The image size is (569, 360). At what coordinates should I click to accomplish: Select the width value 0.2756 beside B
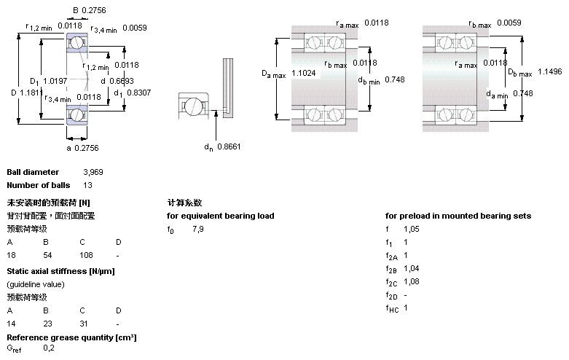[94, 9]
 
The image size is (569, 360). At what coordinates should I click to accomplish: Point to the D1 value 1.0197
[55, 80]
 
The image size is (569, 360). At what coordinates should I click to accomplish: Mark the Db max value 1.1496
[550, 71]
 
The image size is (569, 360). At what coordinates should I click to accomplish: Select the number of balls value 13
[87, 185]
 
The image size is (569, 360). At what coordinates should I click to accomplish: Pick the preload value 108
[87, 256]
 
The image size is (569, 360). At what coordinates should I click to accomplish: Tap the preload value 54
[47, 256]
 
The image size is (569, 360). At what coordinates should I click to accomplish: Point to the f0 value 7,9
[198, 230]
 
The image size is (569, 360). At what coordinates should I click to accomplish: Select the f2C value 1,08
[412, 281]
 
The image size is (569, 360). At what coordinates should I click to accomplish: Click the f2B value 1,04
[412, 269]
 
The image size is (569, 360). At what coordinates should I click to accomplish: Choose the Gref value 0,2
[48, 348]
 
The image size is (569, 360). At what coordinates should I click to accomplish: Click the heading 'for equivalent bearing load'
[221, 216]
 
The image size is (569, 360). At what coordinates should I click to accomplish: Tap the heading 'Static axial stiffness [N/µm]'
[60, 271]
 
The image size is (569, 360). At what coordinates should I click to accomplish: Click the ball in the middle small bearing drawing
[195, 106]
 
